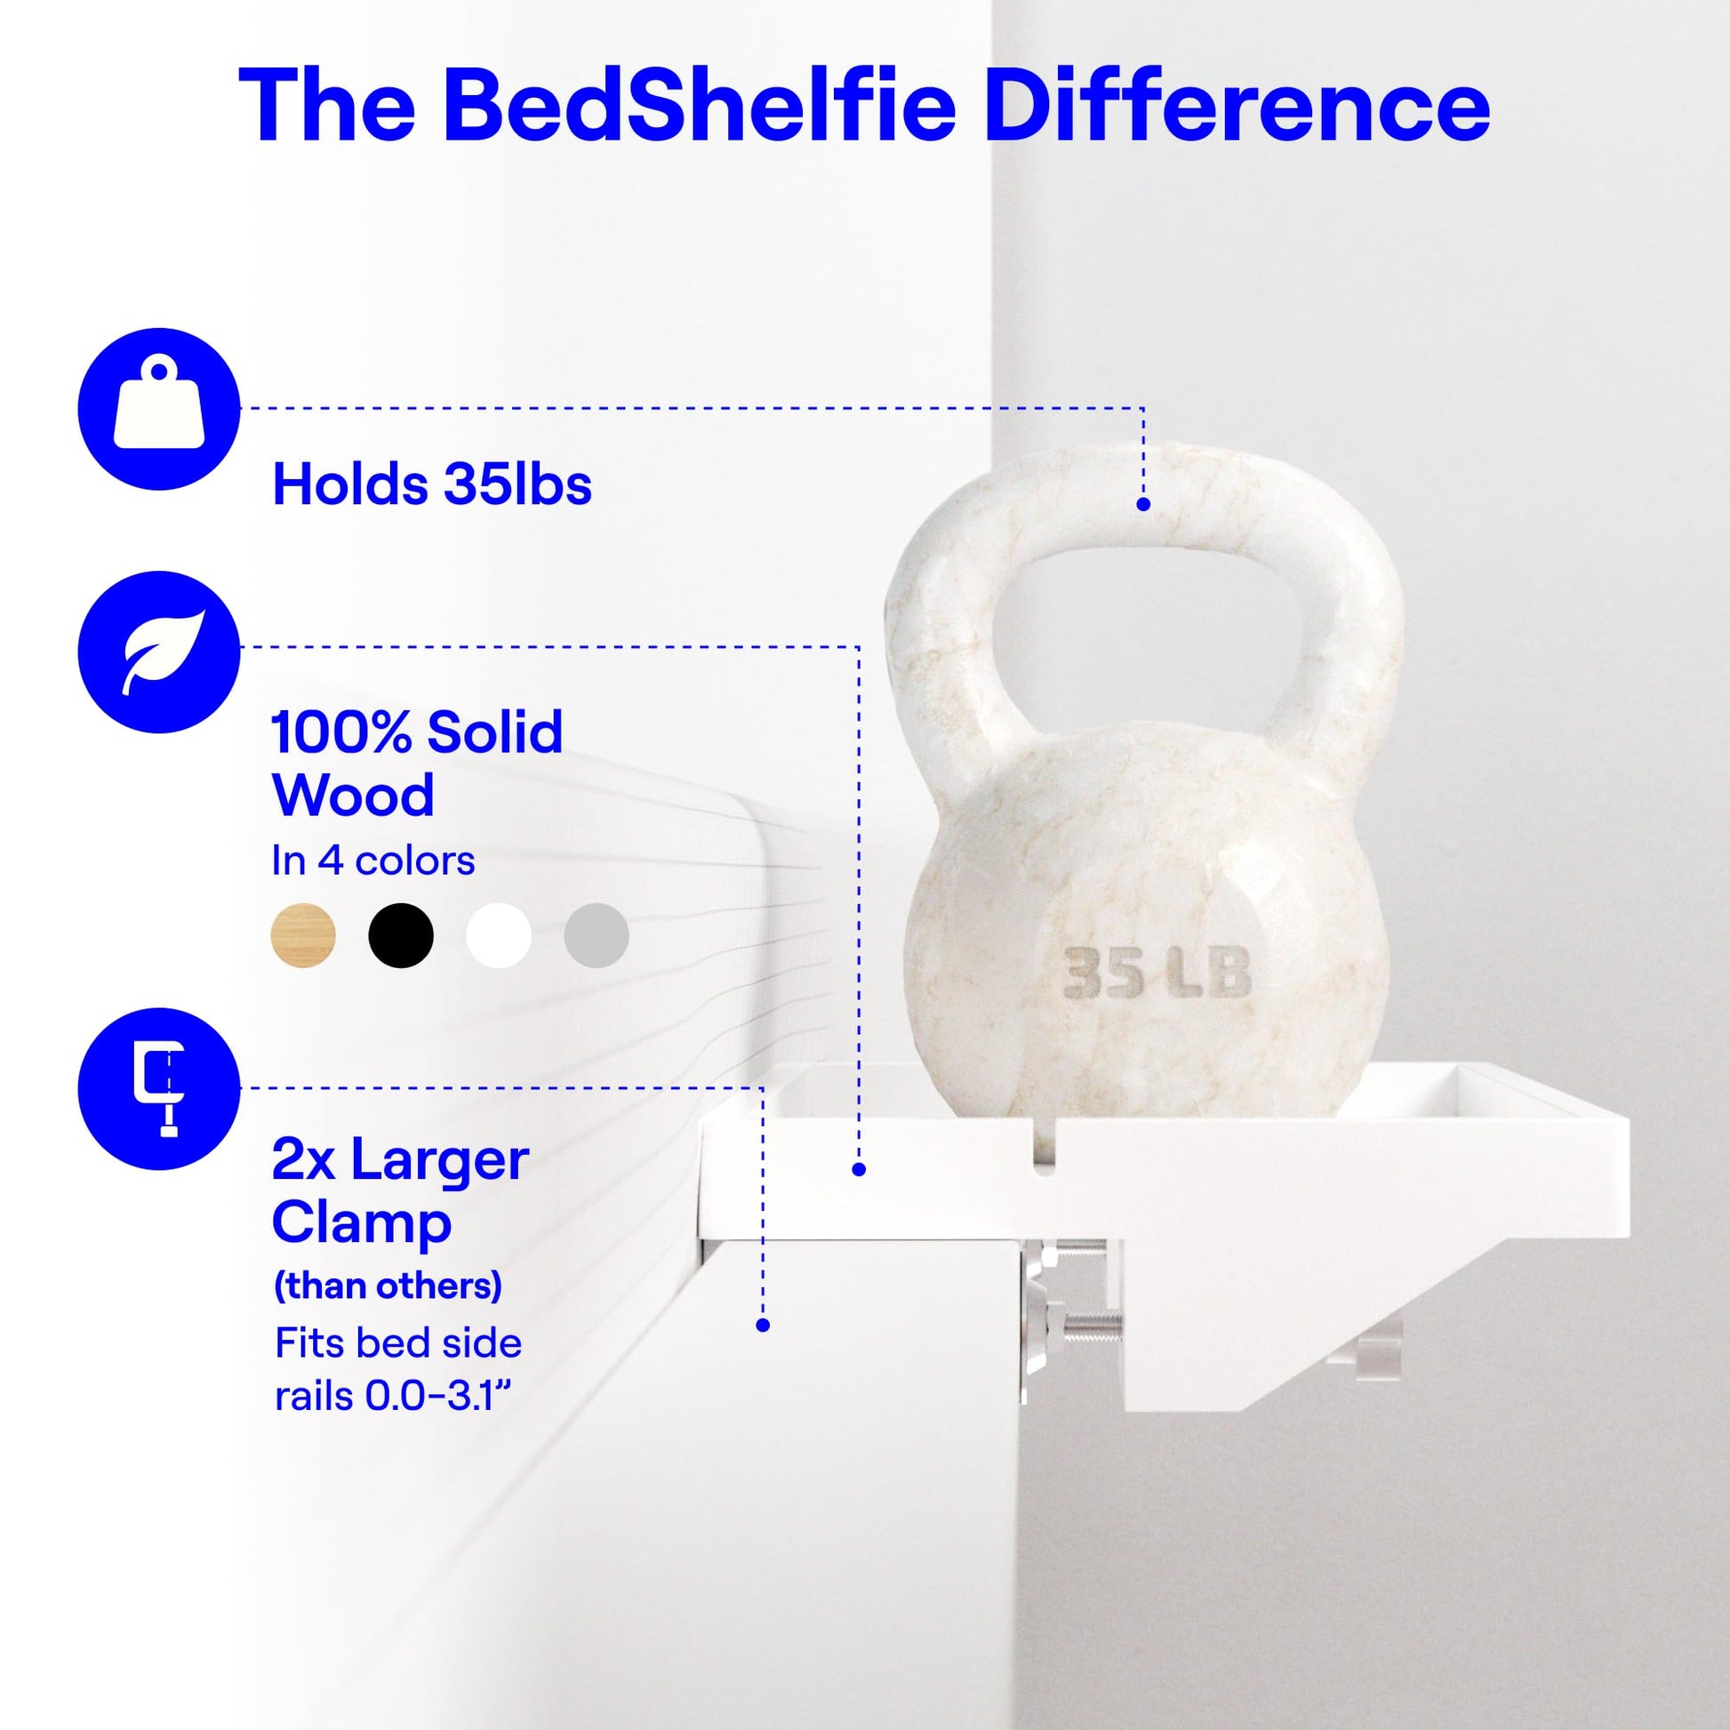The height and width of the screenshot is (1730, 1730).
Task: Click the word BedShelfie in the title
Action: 700,106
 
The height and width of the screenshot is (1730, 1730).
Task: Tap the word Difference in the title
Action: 1237,106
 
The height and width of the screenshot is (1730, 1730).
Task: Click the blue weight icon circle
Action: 159,408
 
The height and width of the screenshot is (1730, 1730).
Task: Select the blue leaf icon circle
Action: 159,652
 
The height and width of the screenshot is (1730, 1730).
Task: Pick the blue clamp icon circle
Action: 159,1089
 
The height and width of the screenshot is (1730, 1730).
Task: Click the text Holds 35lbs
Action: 431,485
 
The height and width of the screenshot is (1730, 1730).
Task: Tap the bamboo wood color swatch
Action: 303,936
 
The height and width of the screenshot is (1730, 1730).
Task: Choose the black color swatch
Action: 401,936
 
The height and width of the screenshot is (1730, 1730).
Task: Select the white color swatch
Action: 499,936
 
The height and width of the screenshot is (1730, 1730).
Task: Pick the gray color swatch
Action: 597,936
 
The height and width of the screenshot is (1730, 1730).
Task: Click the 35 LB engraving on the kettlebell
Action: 1156,973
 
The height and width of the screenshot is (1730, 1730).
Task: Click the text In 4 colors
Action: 373,861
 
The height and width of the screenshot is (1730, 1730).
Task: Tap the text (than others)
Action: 388,1286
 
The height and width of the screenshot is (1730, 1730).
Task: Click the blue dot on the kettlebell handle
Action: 1142,504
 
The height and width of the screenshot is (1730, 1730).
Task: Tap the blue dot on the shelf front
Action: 859,1169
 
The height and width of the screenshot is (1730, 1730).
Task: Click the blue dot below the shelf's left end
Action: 763,1326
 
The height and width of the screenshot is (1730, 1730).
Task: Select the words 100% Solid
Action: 417,733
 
